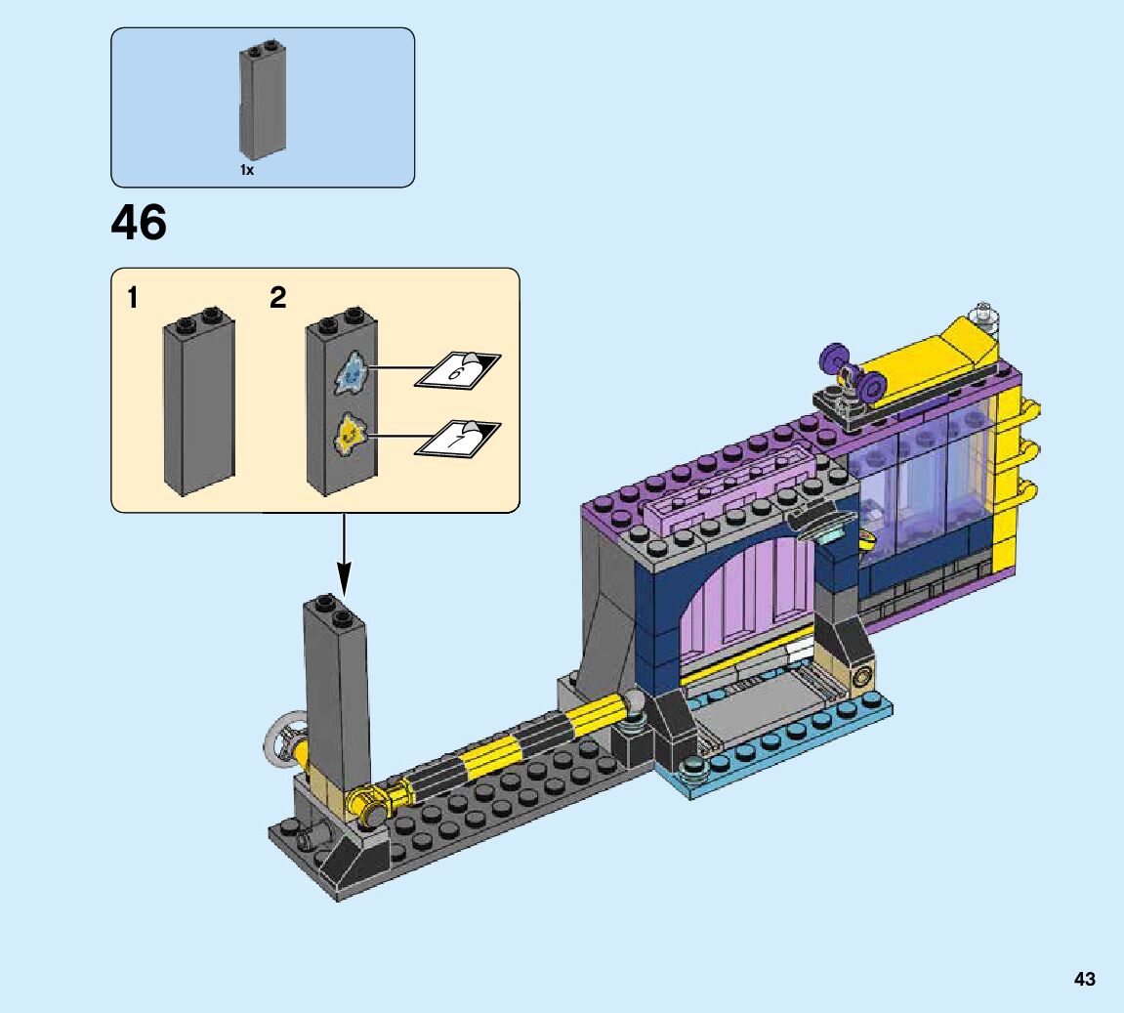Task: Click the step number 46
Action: [139, 223]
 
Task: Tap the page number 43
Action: [1085, 979]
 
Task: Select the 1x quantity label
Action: [247, 170]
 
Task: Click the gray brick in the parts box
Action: [263, 100]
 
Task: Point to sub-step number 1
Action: [132, 298]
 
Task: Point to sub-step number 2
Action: [278, 298]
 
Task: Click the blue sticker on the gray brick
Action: [352, 371]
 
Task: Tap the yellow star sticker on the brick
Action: [351, 434]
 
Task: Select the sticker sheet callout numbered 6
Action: [458, 370]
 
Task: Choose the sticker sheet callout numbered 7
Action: [458, 438]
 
